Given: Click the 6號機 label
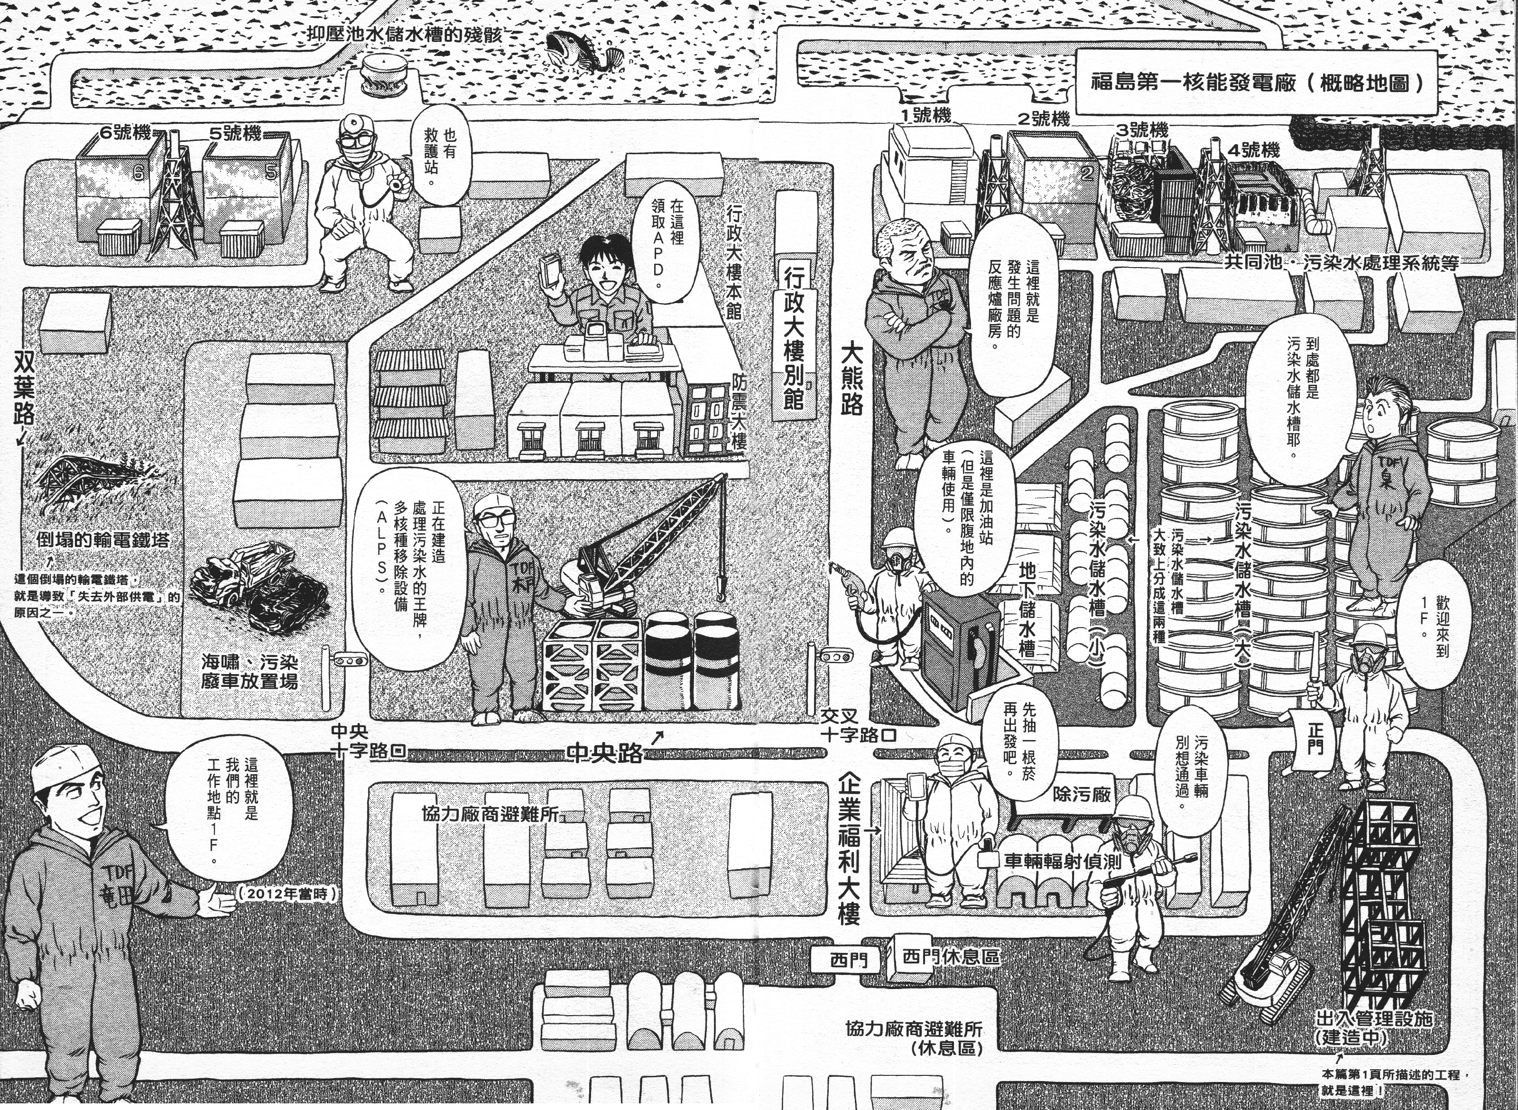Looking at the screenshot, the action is point(126,132).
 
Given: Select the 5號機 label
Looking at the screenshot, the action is point(234,133).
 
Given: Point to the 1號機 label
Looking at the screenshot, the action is point(927,116).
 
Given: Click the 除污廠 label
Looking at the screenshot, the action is point(1083,794).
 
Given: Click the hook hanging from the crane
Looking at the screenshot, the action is point(722,591).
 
